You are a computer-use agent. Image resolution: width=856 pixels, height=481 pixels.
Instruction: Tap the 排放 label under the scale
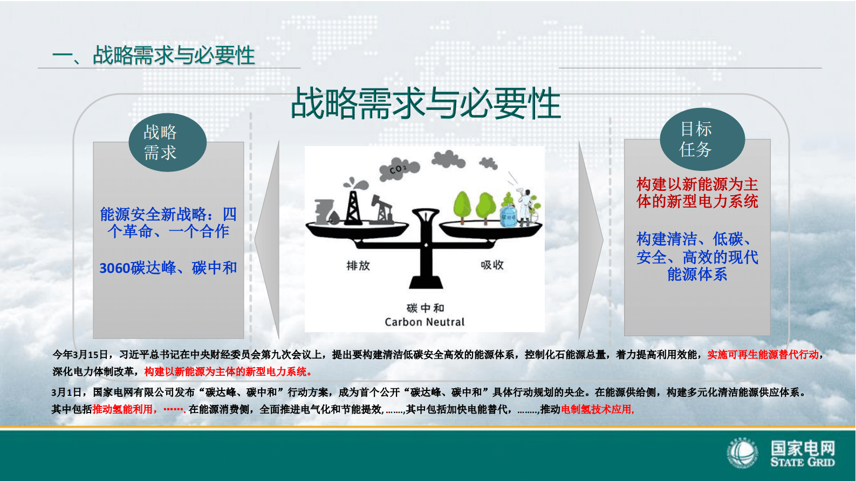358,265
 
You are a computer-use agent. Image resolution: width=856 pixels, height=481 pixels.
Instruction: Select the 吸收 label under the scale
492,265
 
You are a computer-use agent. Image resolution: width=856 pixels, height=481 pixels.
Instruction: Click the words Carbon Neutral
424,322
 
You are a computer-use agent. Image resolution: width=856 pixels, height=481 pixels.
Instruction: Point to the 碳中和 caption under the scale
425,308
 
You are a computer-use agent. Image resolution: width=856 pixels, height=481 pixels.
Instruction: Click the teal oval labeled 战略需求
167,142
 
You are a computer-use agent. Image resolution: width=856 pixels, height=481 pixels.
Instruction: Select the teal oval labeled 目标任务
702,139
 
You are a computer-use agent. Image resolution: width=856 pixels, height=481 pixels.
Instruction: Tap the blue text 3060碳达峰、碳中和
168,268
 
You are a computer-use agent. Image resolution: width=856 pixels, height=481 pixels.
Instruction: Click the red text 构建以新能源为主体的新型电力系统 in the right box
697,193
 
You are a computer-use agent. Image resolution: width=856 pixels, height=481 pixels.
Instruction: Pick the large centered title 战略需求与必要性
426,104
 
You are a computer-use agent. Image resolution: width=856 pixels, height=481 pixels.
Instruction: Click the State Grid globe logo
742,453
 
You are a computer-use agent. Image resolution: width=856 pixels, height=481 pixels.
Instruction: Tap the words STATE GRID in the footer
803,462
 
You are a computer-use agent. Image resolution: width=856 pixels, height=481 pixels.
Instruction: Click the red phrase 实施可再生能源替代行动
763,355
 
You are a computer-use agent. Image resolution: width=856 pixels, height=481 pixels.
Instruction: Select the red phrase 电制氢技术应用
597,409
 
